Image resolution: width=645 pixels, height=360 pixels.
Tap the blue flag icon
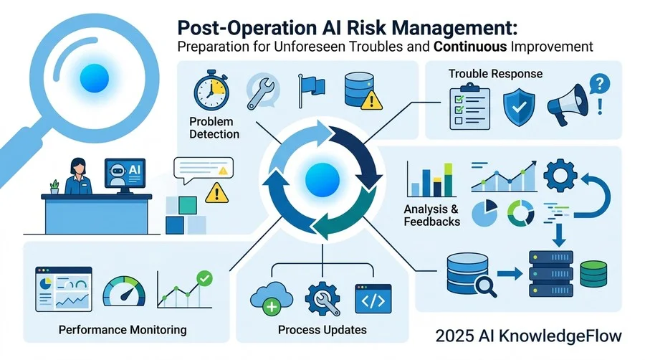(312, 90)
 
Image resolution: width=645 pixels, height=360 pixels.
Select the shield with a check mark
(519, 107)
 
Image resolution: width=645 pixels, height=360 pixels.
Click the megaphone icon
(568, 105)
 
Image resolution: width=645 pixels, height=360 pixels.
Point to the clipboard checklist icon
(469, 106)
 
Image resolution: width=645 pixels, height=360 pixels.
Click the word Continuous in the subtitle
(469, 47)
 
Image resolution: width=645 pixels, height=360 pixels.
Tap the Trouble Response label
(495, 74)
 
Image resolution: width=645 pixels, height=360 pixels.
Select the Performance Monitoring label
(123, 330)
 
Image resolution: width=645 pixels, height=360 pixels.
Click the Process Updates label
(322, 330)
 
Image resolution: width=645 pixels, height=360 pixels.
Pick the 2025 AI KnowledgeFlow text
(529, 336)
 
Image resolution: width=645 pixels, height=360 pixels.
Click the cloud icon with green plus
(271, 298)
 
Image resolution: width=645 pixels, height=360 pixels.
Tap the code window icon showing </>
(373, 299)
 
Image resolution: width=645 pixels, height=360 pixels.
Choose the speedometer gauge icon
(124, 292)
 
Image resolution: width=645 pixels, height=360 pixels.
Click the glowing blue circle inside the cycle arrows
(322, 180)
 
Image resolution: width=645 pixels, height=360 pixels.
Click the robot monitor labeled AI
(125, 176)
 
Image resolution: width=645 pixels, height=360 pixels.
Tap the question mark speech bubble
(599, 85)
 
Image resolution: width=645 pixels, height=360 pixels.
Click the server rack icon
(551, 274)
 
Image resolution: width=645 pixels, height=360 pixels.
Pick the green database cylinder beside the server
(593, 274)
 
